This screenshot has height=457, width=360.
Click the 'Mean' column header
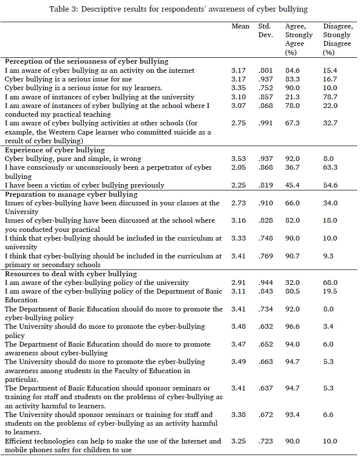click(x=240, y=26)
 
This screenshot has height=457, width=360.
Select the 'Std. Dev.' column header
click(x=266, y=30)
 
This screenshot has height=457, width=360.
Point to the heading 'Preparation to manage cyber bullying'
click(x=71, y=194)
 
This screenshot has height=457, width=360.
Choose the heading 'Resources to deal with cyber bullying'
click(x=71, y=274)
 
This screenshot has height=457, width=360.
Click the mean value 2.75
click(x=239, y=123)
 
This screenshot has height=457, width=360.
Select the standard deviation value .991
click(x=266, y=123)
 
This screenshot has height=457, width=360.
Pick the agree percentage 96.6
click(x=292, y=326)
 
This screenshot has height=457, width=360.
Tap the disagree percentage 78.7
click(x=330, y=97)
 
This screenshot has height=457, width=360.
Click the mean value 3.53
click(x=239, y=159)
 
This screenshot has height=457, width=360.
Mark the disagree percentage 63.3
click(x=330, y=167)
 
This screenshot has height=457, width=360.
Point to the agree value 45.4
click(x=292, y=185)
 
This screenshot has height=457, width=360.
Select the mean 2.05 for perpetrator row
click(x=239, y=167)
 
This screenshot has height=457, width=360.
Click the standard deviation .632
click(x=266, y=326)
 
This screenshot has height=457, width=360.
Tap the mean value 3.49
click(x=239, y=362)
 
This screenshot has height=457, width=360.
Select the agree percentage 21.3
click(x=292, y=97)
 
